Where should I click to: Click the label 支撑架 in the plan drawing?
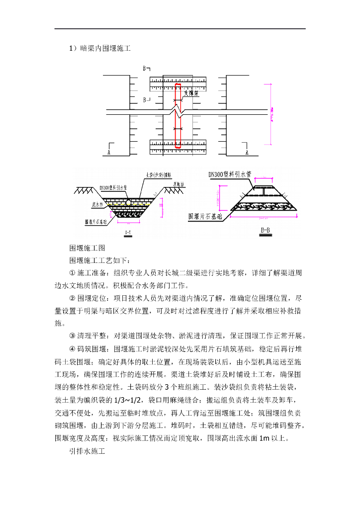[x=191, y=92]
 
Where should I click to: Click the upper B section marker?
[x=146, y=68]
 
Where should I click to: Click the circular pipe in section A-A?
[x=128, y=203]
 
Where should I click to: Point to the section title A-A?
[x=128, y=232]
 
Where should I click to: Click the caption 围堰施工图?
[x=87, y=248]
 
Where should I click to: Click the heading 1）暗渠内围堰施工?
[x=99, y=48]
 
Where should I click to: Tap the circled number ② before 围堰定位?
[x=72, y=298]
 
